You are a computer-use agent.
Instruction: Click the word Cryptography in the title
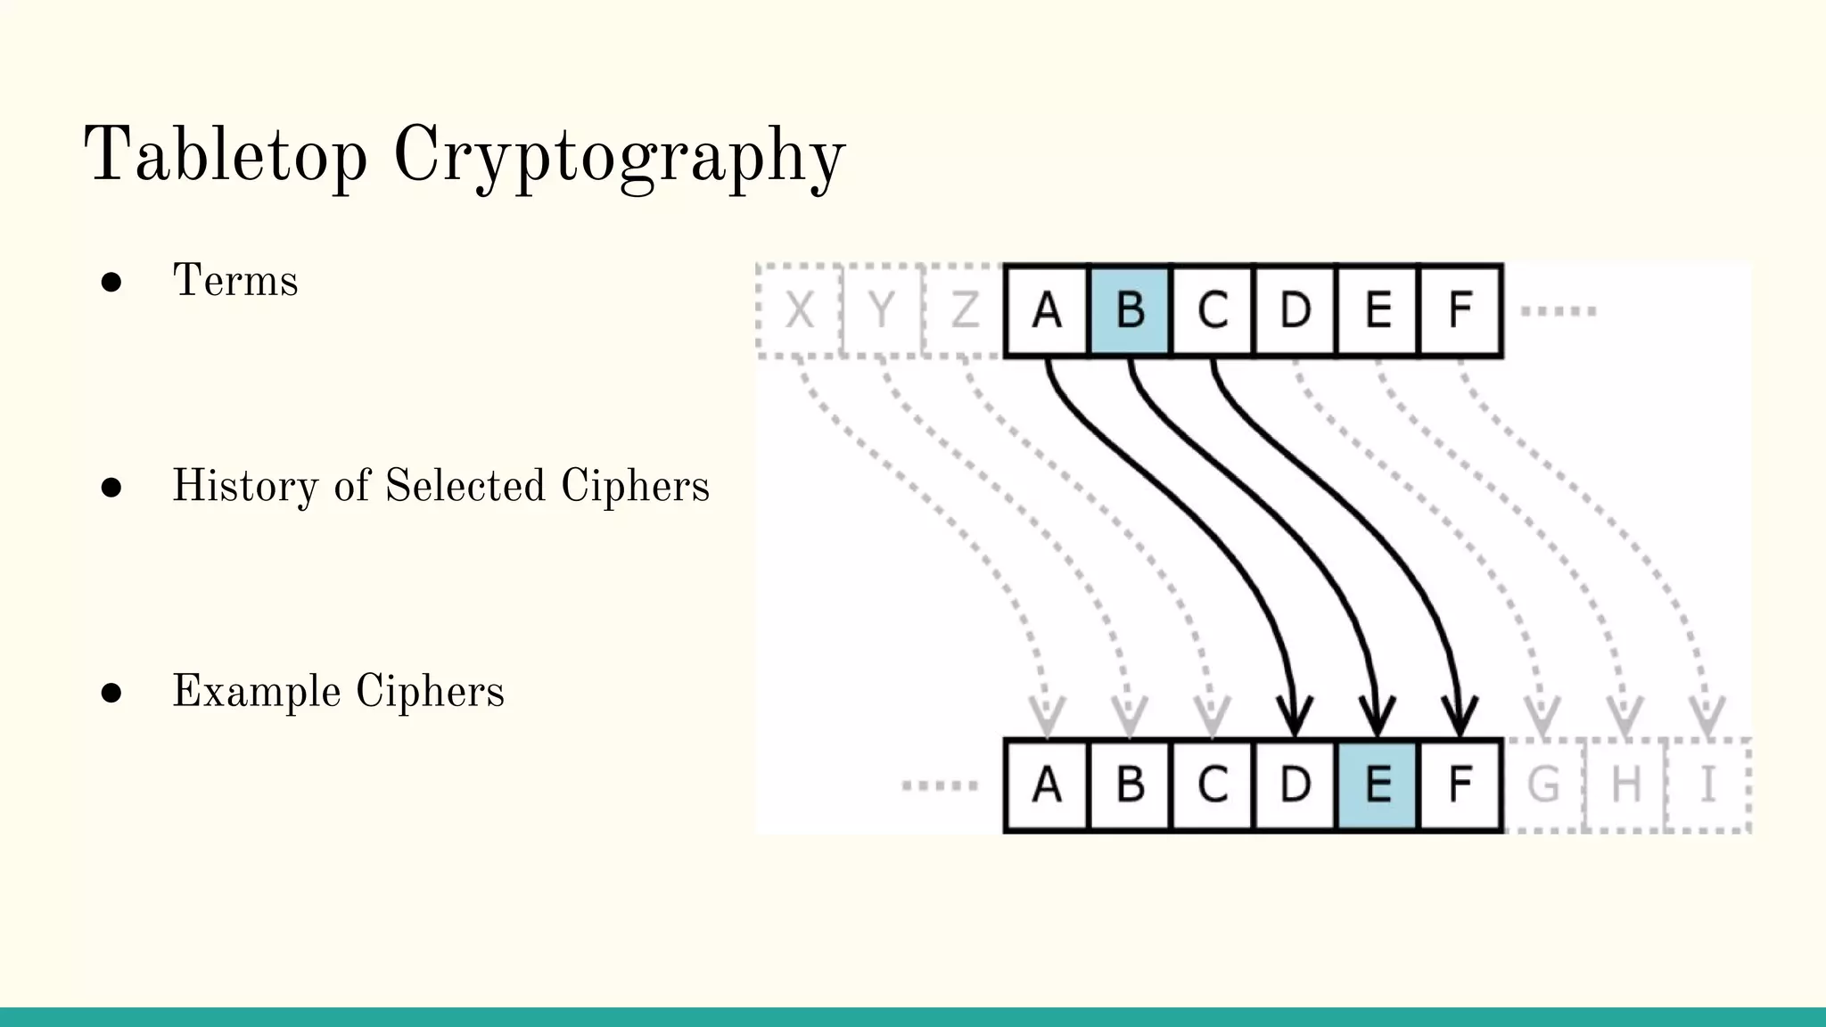tap(619, 157)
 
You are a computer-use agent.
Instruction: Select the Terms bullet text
tap(235, 281)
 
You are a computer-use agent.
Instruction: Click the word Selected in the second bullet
tap(465, 486)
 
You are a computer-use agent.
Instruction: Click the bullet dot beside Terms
tap(111, 283)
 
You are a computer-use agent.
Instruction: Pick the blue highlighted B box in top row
tap(1130, 310)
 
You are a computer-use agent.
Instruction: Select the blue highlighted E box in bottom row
tap(1378, 785)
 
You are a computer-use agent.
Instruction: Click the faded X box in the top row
tap(799, 310)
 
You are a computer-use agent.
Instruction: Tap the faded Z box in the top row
tap(964, 310)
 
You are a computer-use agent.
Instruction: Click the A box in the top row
tap(1047, 310)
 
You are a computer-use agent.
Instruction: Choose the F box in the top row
tap(1460, 310)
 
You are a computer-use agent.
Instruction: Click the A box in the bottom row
tap(1047, 785)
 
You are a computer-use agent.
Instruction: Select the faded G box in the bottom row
tap(1543, 785)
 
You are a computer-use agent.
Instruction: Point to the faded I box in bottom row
tap(1707, 785)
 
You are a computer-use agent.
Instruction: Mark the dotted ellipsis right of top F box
tap(1558, 311)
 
